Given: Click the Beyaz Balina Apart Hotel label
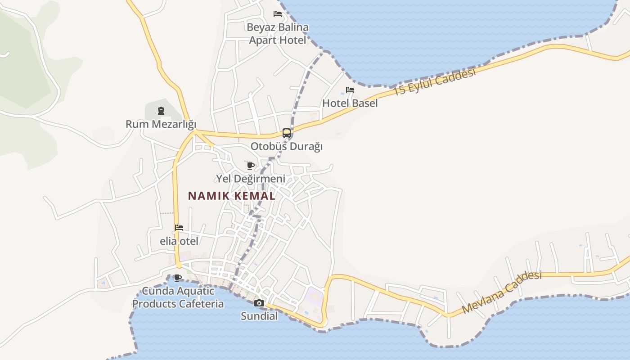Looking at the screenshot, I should coord(278,34).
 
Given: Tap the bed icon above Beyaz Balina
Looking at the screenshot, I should coord(278,14).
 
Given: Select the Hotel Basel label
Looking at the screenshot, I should coord(350,103).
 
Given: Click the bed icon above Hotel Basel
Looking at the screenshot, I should coord(350,90).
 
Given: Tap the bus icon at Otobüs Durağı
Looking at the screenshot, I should coord(286,133).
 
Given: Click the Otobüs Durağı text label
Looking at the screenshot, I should coord(286,147).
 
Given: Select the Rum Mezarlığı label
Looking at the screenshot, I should coord(161,124).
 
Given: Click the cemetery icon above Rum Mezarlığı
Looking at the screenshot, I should coord(161,111).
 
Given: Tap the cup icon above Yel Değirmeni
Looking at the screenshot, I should coord(251,166).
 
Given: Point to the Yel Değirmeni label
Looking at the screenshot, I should coord(251,179).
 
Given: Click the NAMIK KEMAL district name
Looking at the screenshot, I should coord(232,196).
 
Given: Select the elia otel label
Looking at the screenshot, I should coord(179,241).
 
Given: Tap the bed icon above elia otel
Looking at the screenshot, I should coord(179,228).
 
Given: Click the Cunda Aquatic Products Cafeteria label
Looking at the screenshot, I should coord(178,297).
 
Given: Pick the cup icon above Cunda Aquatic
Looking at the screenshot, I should coord(178,278).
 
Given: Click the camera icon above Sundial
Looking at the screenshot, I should coord(259,303).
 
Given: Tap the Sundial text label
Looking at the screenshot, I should coord(259,316).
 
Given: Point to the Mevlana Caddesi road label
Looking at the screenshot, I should coord(501,292).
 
